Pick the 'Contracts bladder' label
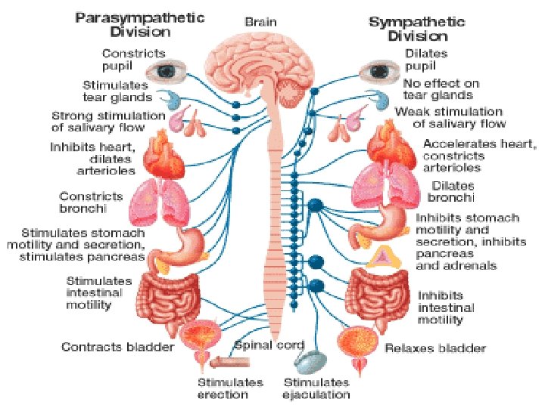point(117,347)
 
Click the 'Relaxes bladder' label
point(435,348)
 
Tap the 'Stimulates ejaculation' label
point(317,388)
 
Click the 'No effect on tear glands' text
point(438,90)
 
